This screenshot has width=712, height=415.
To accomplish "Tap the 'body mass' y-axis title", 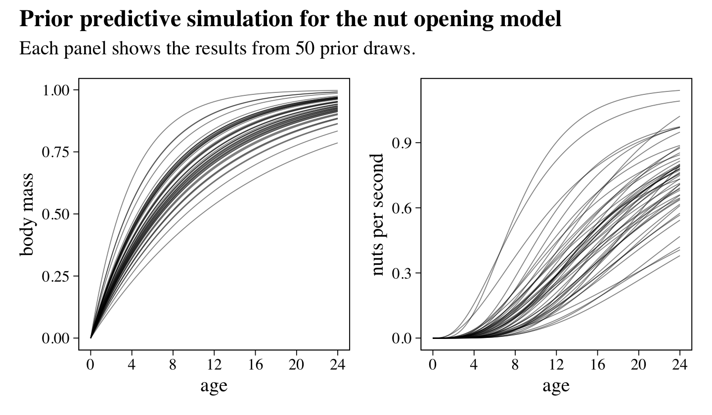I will (27, 214).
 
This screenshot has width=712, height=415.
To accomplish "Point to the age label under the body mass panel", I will (214, 385).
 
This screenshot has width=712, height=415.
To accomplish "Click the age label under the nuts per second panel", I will (556, 385).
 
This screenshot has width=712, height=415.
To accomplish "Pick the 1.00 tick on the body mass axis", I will (57, 90).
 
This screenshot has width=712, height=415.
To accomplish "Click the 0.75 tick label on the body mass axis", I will (57, 152).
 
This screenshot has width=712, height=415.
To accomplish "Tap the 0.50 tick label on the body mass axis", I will (57, 214).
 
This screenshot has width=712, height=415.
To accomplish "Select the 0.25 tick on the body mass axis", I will (57, 276).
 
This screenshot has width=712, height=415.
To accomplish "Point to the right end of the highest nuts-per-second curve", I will (679, 90).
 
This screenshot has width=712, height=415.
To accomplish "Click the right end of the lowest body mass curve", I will (337, 143).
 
